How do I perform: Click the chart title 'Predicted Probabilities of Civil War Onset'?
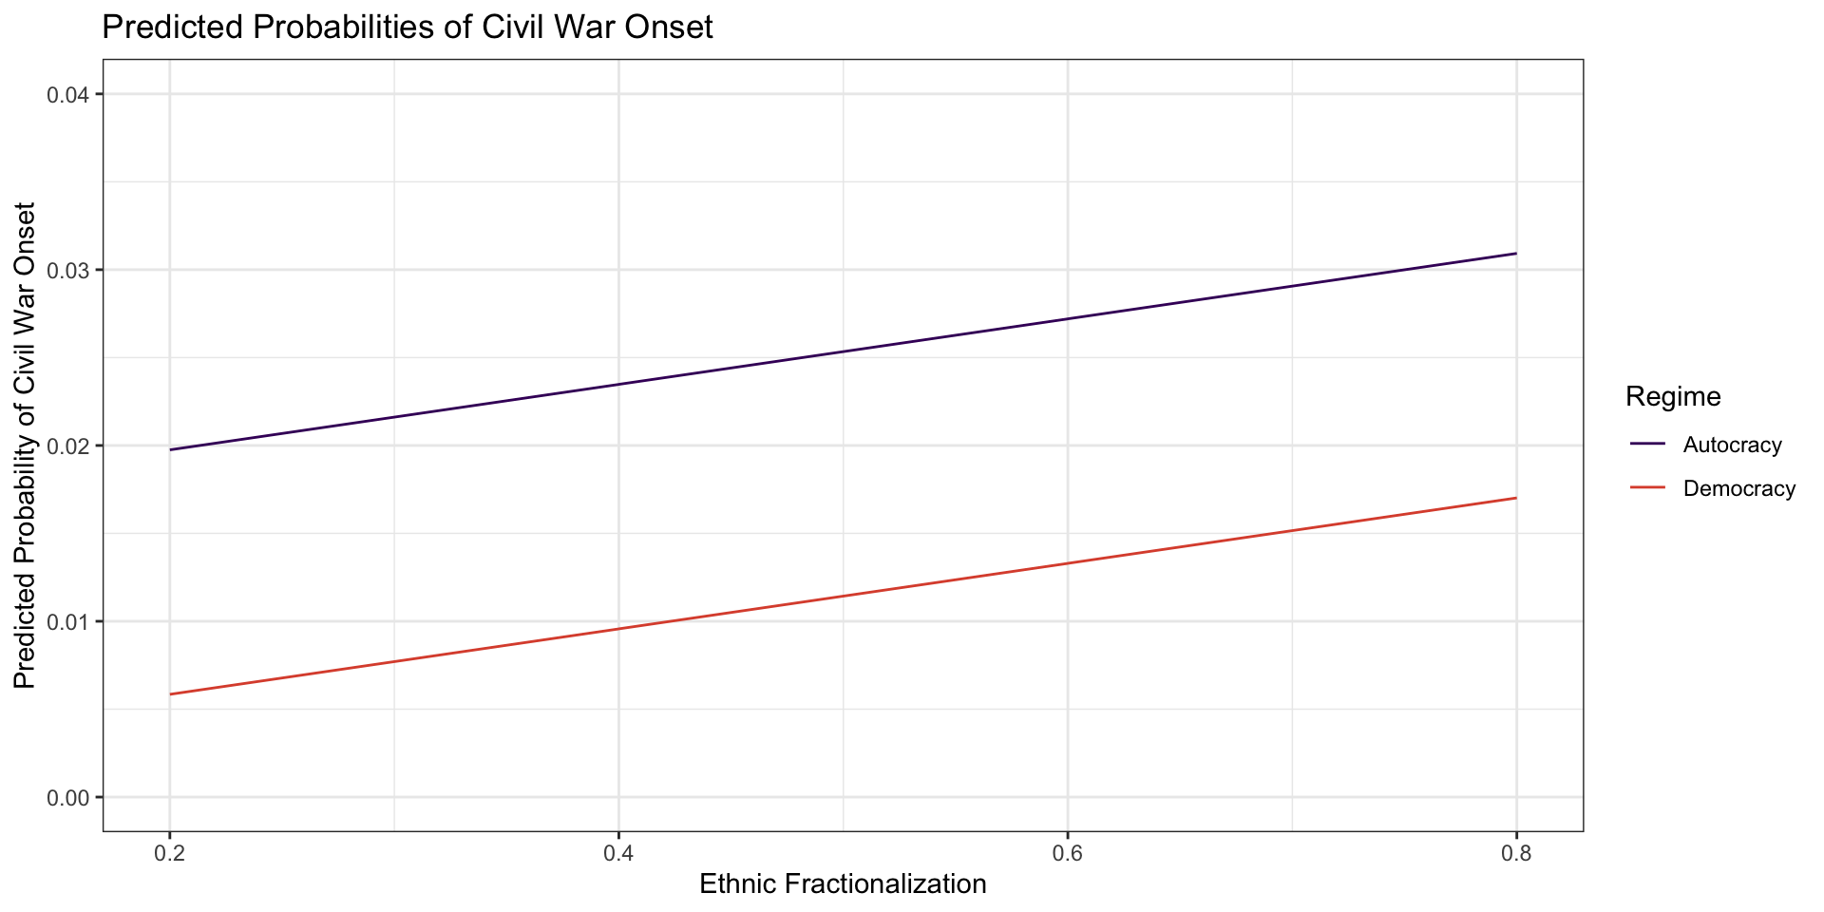pos(407,28)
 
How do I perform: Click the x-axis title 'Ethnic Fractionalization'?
pos(843,884)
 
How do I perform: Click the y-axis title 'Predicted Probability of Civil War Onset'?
pos(25,446)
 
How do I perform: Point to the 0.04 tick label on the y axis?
pos(67,95)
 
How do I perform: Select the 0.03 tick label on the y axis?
pos(67,271)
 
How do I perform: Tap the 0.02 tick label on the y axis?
pos(67,446)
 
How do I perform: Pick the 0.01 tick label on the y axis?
pos(67,622)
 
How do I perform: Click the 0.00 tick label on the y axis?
pos(67,798)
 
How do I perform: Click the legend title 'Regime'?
pos(1673,396)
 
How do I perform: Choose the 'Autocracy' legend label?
pos(1732,445)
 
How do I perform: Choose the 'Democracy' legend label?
pos(1738,489)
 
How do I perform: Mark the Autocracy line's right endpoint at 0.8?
pos(1516,254)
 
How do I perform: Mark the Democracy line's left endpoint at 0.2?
pos(170,694)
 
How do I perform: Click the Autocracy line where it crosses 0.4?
pos(618,384)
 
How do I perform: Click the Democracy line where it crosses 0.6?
pos(1068,563)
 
